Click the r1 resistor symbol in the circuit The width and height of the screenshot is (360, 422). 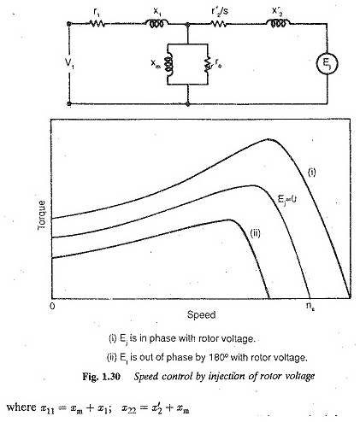click(x=97, y=24)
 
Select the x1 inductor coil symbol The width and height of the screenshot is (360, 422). click(x=156, y=23)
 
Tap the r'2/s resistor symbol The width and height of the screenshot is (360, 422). click(x=219, y=24)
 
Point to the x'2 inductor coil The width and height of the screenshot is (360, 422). click(x=278, y=23)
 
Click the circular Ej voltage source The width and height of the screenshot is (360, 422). click(x=327, y=64)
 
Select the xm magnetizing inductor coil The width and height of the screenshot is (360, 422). click(x=168, y=64)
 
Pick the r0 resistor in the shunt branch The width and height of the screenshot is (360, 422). click(x=208, y=64)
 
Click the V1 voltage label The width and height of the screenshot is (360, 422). click(x=69, y=63)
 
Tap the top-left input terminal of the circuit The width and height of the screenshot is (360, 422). click(x=69, y=24)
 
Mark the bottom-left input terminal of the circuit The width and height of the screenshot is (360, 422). click(x=69, y=104)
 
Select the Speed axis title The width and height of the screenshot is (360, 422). click(x=201, y=314)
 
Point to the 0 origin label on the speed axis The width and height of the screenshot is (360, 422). click(x=52, y=307)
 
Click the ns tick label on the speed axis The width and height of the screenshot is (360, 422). click(x=310, y=306)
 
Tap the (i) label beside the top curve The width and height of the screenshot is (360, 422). click(x=312, y=172)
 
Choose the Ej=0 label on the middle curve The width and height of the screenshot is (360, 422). click(x=287, y=199)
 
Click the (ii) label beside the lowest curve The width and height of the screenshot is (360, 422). click(x=255, y=233)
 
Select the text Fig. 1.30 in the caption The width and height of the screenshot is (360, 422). click(x=101, y=377)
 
